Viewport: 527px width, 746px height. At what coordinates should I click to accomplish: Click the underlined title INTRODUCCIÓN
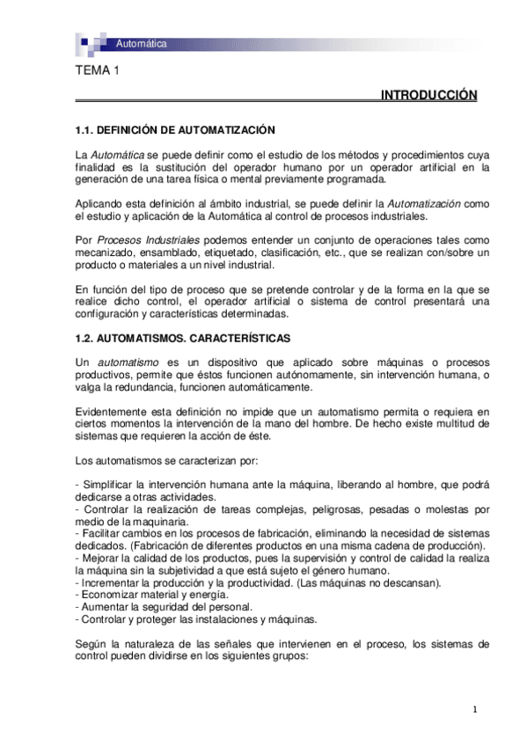click(x=428, y=95)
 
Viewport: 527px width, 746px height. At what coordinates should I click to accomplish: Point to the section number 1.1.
click(x=84, y=130)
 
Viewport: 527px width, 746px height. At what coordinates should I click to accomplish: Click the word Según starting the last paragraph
click(x=91, y=644)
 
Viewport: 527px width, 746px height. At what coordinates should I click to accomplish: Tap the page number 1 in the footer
click(x=474, y=710)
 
